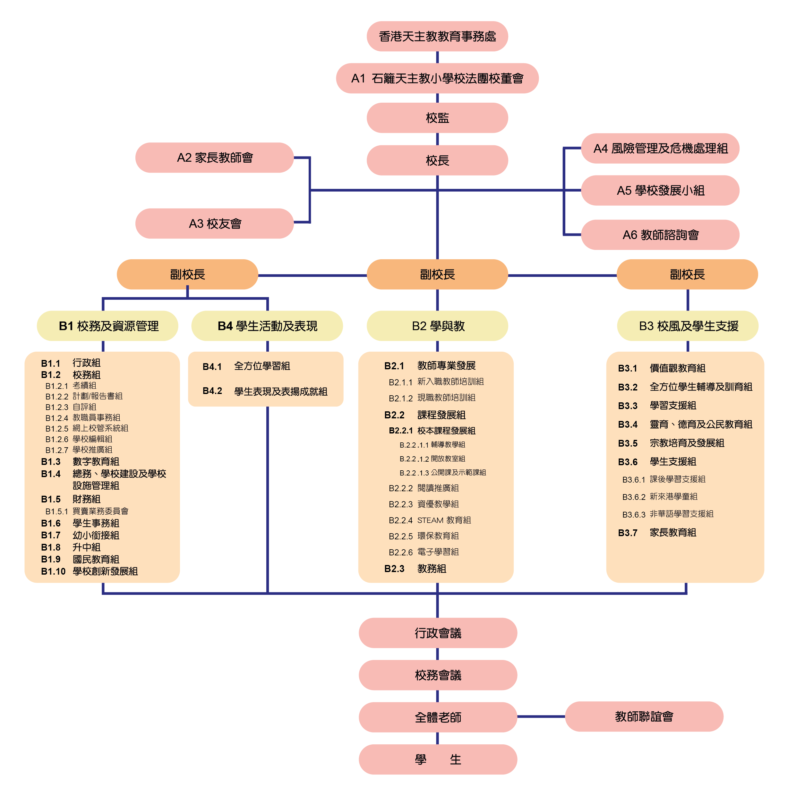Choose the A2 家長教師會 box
point(215,158)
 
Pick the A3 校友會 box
point(215,223)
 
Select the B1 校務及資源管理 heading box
point(108,326)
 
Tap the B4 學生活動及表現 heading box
point(267,326)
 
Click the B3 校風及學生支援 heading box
point(688,326)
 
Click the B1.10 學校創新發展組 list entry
point(90,571)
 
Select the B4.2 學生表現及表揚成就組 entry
point(265,391)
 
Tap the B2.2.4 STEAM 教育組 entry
point(430,520)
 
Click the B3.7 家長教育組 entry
point(657,533)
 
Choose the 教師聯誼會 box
point(644,716)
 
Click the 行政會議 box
point(438,633)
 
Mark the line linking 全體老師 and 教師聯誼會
point(541,716)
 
